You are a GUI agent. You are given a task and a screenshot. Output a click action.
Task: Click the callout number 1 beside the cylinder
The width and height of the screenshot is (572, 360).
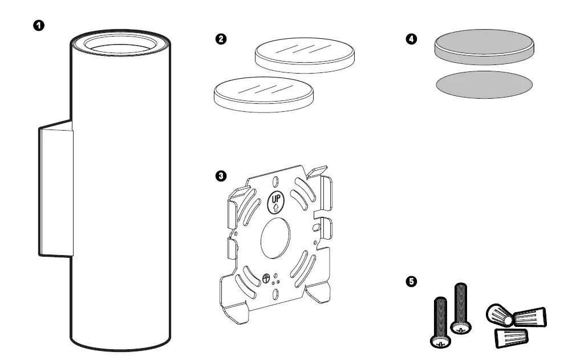[39, 26]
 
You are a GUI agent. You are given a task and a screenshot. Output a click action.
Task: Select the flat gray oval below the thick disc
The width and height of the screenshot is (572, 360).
[484, 84]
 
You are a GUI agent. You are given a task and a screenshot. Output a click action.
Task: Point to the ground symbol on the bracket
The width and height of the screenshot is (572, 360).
[266, 278]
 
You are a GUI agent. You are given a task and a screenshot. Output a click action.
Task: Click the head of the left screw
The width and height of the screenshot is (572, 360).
[440, 341]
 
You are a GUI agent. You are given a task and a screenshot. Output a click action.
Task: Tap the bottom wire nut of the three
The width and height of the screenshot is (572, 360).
[509, 337]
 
